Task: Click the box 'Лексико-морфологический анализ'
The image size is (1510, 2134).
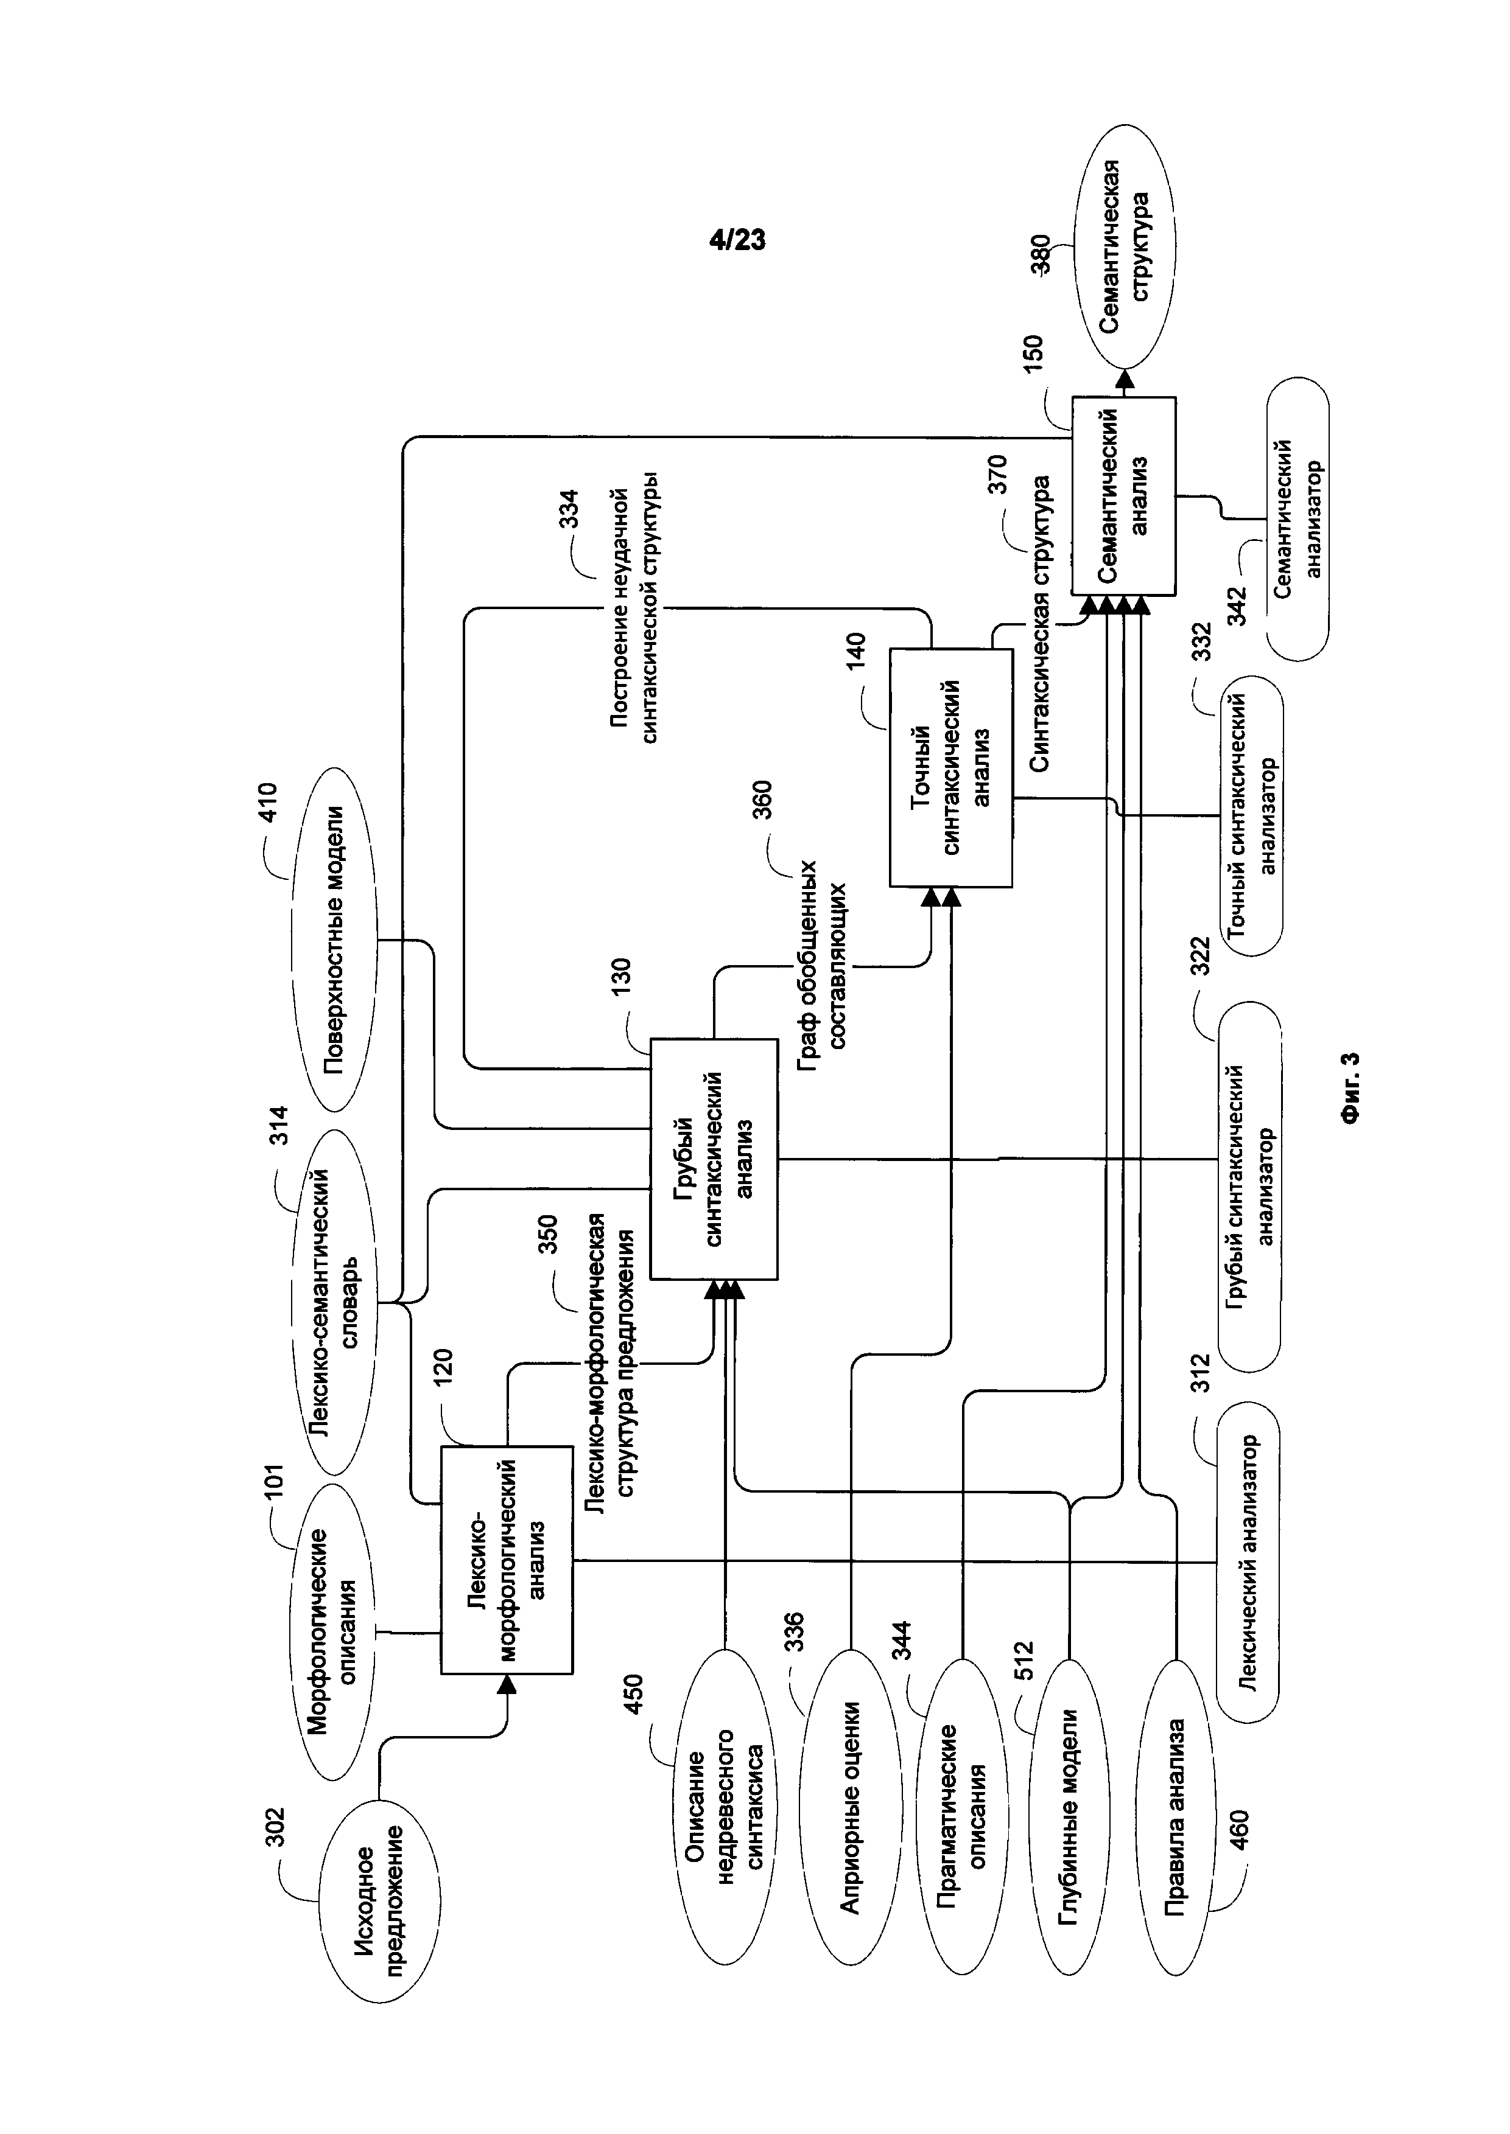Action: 507,1559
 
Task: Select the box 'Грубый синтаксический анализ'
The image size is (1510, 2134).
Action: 713,1159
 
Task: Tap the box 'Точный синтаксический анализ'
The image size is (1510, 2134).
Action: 950,767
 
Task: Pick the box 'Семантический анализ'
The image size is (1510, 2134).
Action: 1123,495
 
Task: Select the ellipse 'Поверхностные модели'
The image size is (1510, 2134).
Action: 335,939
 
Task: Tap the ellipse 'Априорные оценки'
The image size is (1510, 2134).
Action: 850,1806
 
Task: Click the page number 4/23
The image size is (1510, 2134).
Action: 737,240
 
